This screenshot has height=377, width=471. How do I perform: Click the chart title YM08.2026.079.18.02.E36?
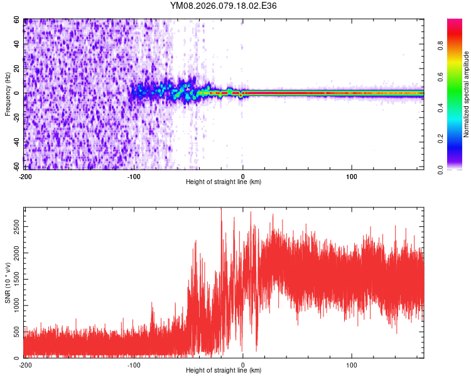[x=224, y=6]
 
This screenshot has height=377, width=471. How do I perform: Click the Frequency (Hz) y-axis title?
[x=8, y=94]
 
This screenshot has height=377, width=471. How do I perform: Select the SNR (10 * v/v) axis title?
[x=8, y=283]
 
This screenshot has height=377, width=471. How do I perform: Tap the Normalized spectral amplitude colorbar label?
[x=467, y=94]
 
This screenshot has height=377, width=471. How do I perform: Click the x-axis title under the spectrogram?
[x=224, y=182]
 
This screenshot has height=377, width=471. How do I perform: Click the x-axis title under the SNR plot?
[x=224, y=371]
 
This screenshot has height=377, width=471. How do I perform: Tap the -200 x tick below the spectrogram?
[x=25, y=176]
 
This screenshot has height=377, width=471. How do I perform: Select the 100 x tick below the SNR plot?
[x=352, y=364]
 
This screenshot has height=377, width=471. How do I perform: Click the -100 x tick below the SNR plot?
[x=134, y=364]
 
